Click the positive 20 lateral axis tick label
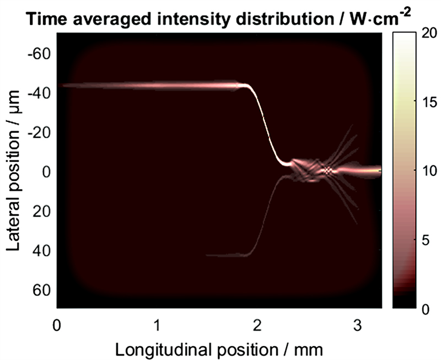pyautogui.click(x=42, y=211)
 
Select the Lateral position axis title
pyautogui.click(x=15, y=171)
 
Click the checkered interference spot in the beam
pyautogui.click(x=327, y=171)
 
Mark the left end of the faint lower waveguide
pyautogui.click(x=206, y=255)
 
